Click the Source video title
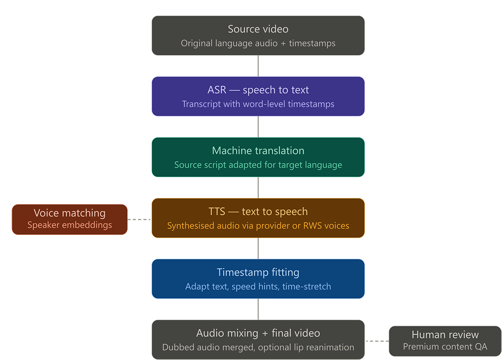tap(258, 29)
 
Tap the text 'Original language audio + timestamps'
tap(258, 43)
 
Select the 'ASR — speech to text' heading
tap(258, 90)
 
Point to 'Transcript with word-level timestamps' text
tap(258, 104)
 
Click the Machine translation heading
tap(258, 151)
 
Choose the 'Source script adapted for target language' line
tap(258, 165)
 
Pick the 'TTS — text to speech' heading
tap(258, 211)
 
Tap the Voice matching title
tap(69, 213)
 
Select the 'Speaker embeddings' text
tap(69, 225)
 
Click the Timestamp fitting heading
tap(258, 273)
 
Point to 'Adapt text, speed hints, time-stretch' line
tap(258, 287)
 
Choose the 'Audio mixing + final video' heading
tap(258, 333)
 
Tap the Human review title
tap(445, 334)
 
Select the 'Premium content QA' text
tap(445, 347)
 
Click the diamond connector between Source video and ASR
tap(258, 66)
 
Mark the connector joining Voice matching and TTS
tap(139, 219)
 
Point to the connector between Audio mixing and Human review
tap(377, 340)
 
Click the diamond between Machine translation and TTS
tap(258, 188)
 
